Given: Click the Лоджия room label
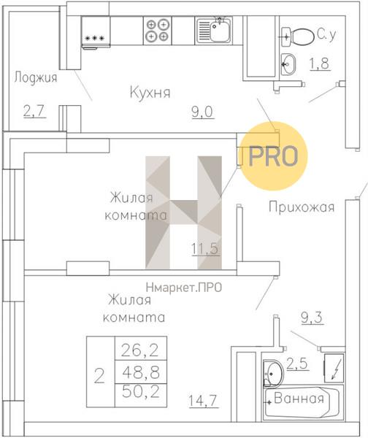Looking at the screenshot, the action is coord(36,77).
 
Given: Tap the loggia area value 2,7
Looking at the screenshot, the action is coord(34,111).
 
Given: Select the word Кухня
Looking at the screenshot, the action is coord(150,93).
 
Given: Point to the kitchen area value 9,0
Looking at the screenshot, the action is coord(202,112).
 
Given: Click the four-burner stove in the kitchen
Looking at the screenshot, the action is coord(158,30).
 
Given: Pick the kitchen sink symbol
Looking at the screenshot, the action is coord(214,30).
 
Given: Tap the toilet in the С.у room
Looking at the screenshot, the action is coord(298,36).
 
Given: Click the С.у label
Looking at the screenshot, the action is coord(326,34).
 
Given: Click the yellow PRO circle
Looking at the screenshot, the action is coord(274,156).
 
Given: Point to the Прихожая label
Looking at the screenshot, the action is coord(302,207).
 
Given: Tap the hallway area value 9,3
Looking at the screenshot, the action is coord(312,318).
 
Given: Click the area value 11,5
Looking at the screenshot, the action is coord(205,249).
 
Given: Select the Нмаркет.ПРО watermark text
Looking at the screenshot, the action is coord(184,287).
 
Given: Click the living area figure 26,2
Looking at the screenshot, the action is coord(140,350).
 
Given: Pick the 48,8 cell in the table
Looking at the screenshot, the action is coord(140,372).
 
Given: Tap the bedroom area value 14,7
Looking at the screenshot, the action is coord(203,401).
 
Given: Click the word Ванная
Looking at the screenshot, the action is coord(299,398).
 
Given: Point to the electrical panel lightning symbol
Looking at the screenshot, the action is coord(334,369).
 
